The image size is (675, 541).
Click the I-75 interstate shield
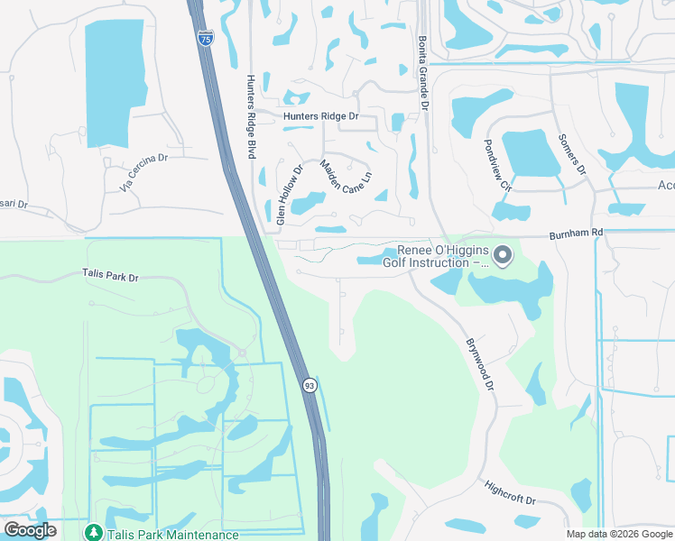tap(208, 41)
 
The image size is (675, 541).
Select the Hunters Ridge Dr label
tap(320, 116)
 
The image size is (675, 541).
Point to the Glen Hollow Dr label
tap(290, 194)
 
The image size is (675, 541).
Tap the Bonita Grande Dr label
tap(422, 73)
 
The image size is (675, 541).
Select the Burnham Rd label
tap(573, 234)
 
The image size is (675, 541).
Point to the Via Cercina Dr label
tap(143, 172)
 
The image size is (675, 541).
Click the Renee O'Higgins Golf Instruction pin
tap(504, 257)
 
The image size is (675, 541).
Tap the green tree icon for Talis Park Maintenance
tap(93, 533)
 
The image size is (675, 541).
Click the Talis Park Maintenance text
tap(172, 534)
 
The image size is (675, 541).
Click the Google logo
tap(31, 530)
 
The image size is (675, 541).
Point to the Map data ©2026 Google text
tap(618, 534)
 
